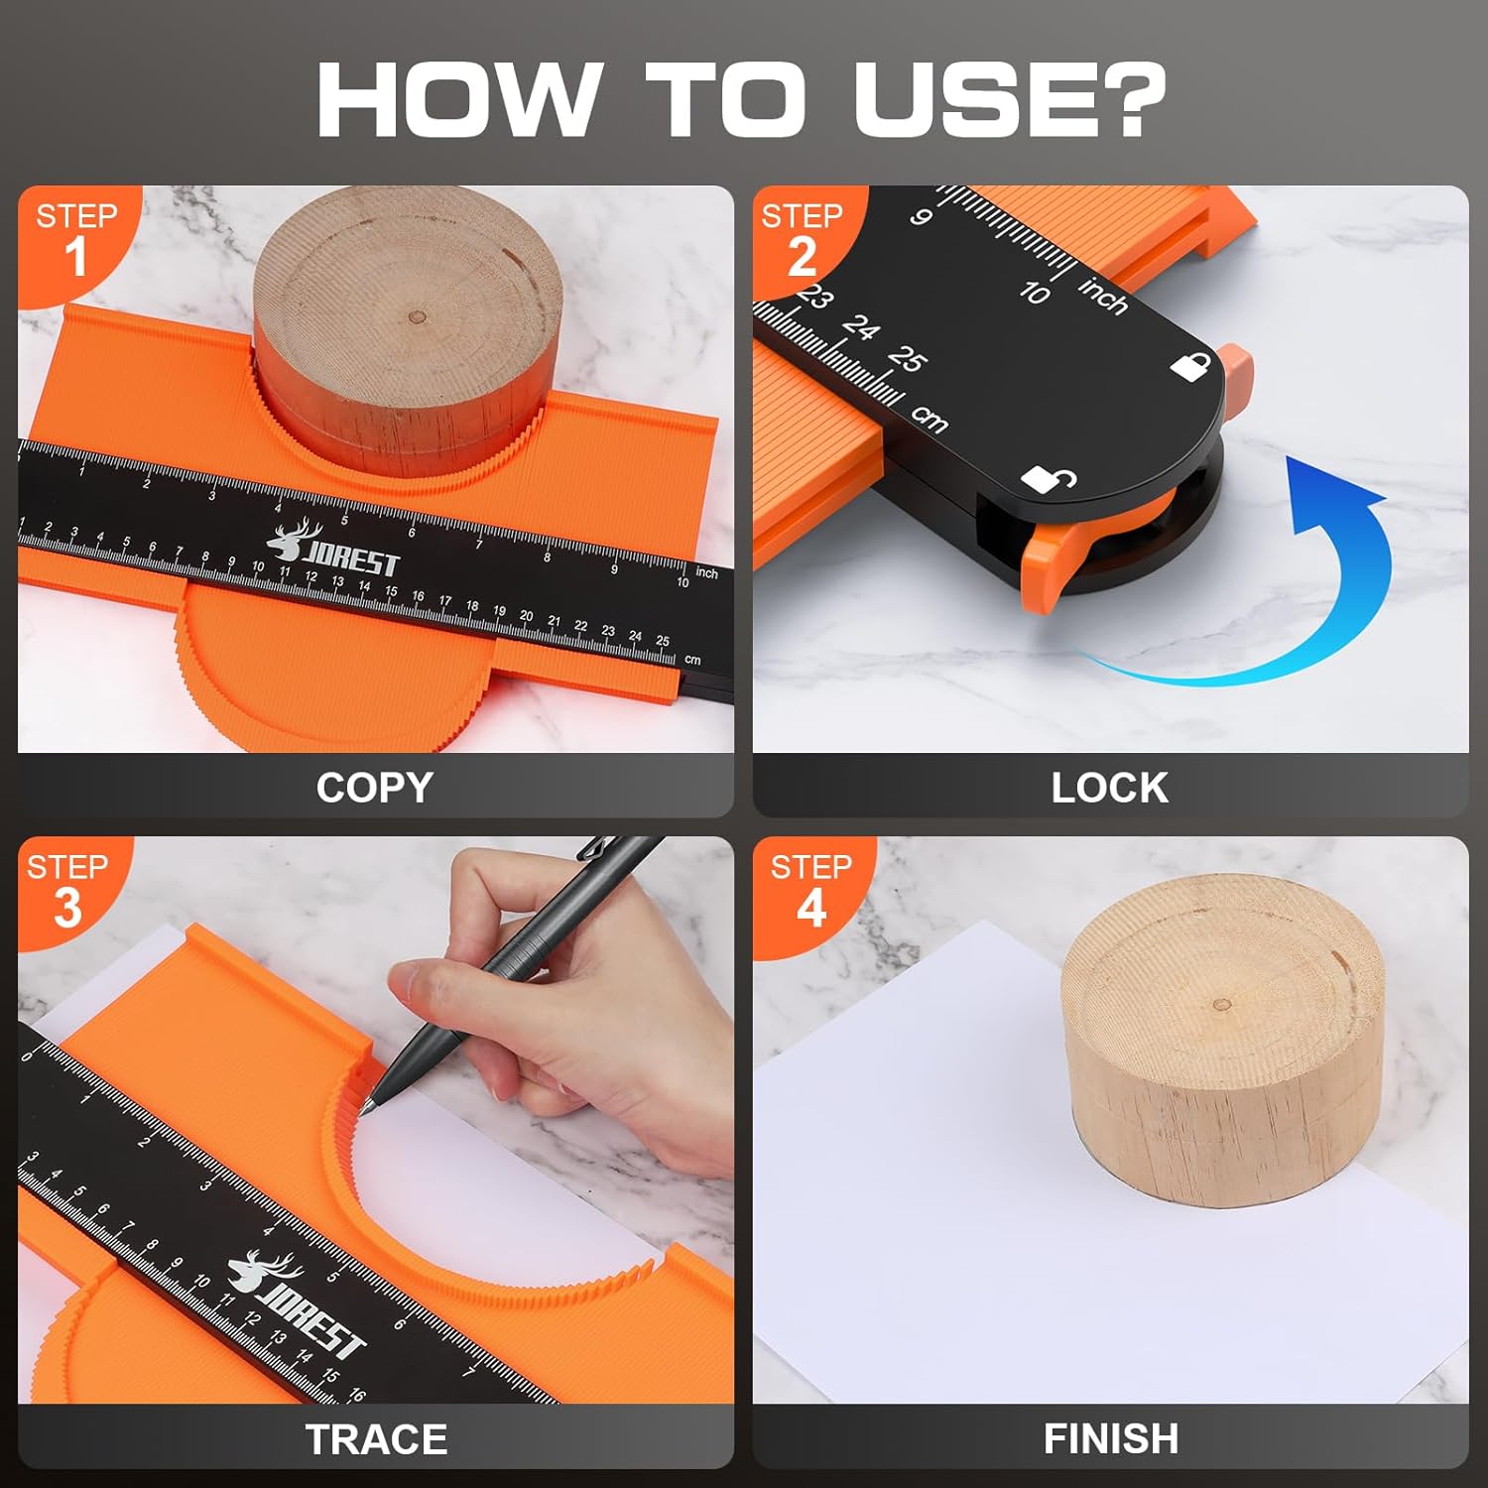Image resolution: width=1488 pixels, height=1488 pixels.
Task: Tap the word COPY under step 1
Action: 374,788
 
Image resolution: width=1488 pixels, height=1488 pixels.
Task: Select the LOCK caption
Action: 1109,788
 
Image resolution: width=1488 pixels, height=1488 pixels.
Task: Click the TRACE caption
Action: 376,1439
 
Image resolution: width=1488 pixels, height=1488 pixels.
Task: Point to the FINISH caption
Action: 1110,1438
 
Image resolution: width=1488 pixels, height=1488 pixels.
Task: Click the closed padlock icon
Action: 1190,366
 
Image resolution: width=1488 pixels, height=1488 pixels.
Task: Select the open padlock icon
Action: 1048,479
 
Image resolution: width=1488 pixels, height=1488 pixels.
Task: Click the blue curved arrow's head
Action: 1334,486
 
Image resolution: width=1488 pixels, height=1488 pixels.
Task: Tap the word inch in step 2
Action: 1103,296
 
